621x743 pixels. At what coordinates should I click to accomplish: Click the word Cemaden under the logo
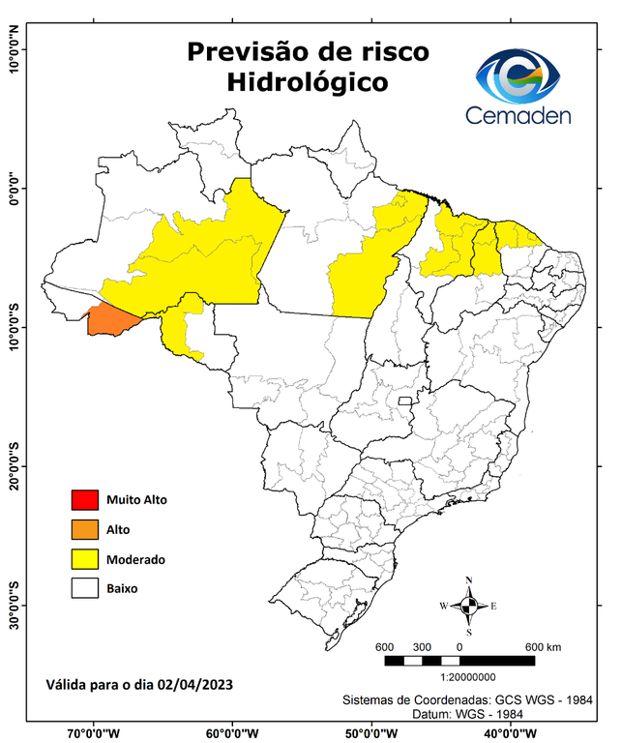(x=518, y=115)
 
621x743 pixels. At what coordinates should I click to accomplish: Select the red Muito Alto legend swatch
(x=83, y=500)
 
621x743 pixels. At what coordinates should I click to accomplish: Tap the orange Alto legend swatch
(x=83, y=529)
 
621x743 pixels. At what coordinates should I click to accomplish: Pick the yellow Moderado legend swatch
(x=83, y=558)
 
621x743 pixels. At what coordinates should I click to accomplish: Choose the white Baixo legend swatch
(x=83, y=587)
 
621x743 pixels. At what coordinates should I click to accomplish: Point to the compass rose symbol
(x=468, y=606)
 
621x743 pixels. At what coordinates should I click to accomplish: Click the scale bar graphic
(x=459, y=661)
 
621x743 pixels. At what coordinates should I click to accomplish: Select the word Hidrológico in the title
(x=307, y=83)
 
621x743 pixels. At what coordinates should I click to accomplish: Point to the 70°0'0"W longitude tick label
(x=93, y=732)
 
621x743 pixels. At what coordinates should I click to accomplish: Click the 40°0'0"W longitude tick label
(x=509, y=732)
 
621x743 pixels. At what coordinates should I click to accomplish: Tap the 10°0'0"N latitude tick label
(x=15, y=48)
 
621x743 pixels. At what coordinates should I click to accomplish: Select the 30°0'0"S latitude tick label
(x=15, y=606)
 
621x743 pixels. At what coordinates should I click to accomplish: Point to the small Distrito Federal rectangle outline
(x=405, y=399)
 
